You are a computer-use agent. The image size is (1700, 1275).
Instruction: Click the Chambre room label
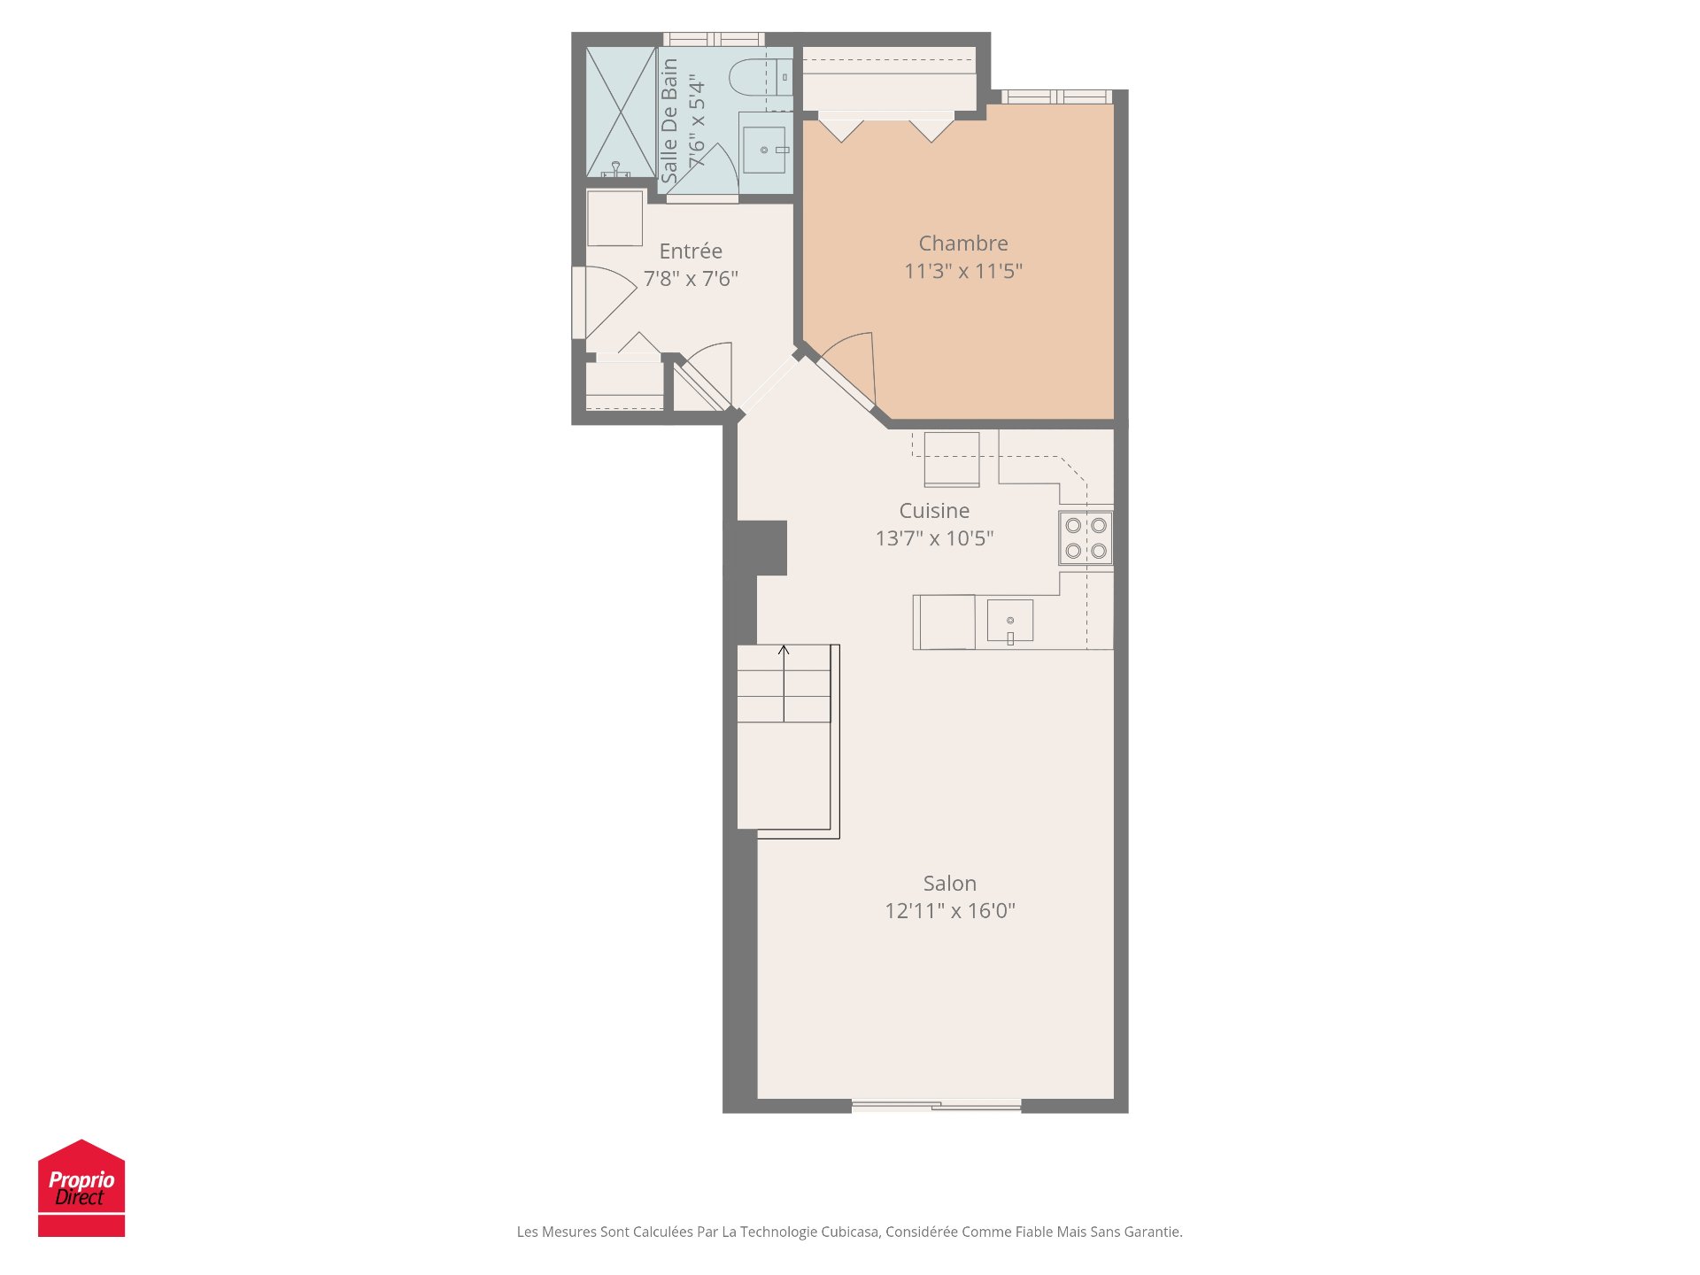(963, 243)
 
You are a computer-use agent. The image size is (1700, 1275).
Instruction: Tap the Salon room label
(950, 884)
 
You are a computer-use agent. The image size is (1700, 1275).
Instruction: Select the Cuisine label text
(934, 511)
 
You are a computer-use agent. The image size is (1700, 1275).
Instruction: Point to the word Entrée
(691, 251)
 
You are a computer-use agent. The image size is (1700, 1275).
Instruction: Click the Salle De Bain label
(669, 120)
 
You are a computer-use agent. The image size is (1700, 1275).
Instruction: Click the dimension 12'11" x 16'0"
(950, 911)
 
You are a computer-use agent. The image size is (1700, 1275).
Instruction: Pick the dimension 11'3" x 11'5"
(963, 271)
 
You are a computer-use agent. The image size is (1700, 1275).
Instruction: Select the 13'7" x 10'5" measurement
(934, 538)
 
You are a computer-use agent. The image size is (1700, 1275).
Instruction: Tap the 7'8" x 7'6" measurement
(691, 279)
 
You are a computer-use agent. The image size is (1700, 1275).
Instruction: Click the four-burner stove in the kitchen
(1086, 537)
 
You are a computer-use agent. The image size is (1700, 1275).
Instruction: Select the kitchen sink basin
(1010, 620)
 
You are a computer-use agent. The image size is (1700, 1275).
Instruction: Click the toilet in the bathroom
(761, 77)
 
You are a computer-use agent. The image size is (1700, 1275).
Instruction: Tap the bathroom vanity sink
(764, 150)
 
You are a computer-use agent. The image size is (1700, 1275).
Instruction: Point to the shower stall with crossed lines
(621, 112)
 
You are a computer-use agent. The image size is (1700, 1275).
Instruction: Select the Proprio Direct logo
(81, 1188)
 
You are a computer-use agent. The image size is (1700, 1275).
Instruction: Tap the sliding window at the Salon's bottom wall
(936, 1105)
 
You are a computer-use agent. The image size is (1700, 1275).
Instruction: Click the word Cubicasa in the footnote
(850, 1232)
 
